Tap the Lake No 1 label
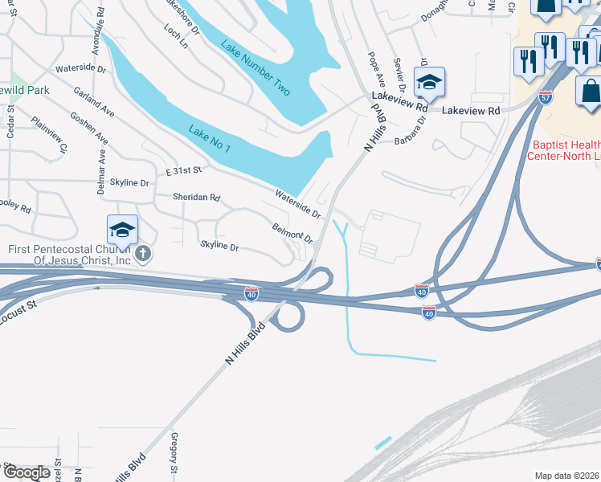(x=211, y=139)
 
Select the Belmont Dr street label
(x=292, y=234)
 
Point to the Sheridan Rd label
(x=196, y=197)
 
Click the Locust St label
(x=20, y=306)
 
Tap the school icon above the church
(x=122, y=231)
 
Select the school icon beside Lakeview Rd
(x=429, y=82)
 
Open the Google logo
(x=27, y=472)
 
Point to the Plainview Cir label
(x=49, y=137)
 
